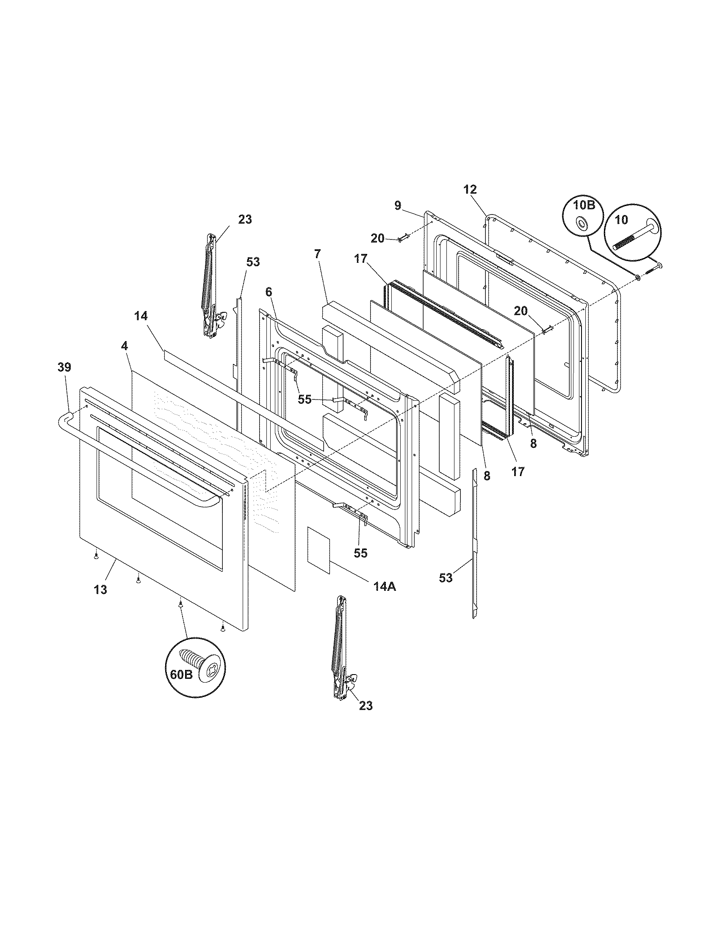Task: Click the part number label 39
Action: click(64, 367)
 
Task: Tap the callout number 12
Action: click(470, 190)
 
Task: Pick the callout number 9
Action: click(398, 206)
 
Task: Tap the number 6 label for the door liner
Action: click(268, 292)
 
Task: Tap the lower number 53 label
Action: click(446, 578)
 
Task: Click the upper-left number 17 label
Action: click(360, 270)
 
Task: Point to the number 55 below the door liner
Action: click(360, 553)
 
